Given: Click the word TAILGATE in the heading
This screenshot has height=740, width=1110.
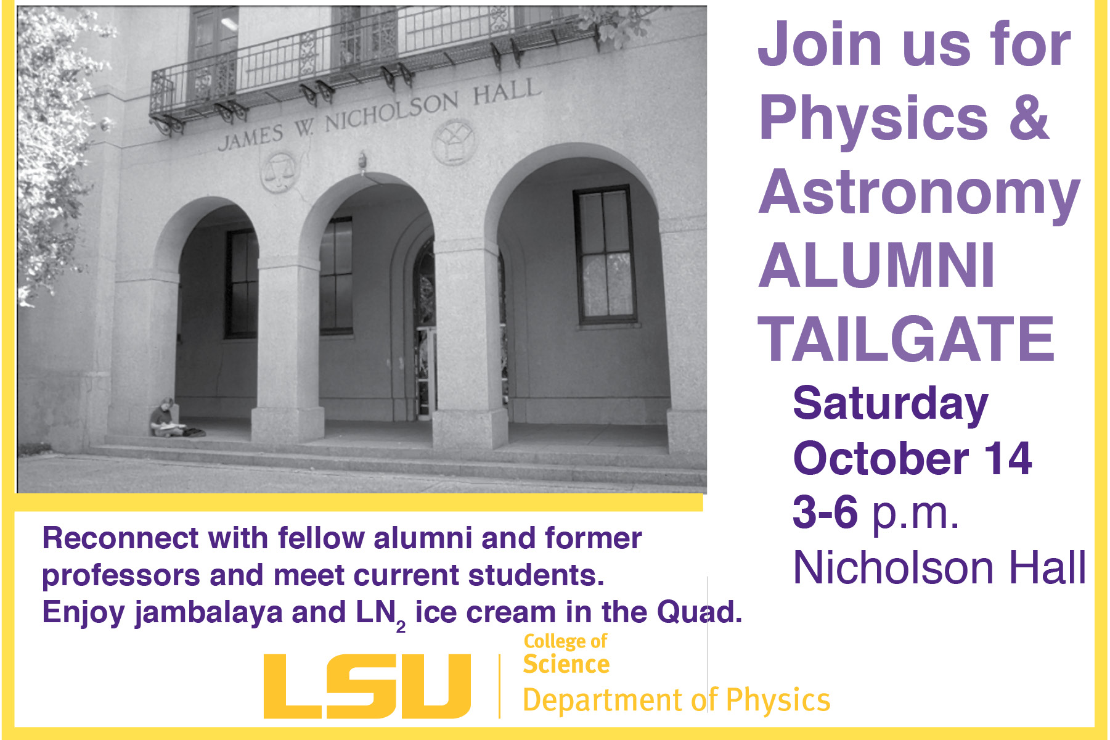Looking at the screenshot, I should click(x=906, y=339).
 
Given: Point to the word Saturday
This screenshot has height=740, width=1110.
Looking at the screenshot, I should click(x=890, y=405).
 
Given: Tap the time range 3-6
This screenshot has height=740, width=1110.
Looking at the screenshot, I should click(x=825, y=512).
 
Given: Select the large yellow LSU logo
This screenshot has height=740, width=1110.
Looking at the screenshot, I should click(x=367, y=686).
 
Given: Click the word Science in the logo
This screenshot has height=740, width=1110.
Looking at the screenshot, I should click(x=566, y=664).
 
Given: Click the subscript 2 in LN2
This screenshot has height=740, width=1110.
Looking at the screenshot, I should click(x=401, y=627).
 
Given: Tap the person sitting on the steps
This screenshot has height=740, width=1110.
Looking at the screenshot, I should click(x=165, y=419).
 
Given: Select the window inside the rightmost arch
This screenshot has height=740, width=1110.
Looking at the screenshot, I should click(x=605, y=255).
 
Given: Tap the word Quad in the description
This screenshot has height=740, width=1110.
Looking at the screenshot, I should click(x=696, y=612).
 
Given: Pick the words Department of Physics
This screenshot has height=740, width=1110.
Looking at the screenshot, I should click(x=676, y=701).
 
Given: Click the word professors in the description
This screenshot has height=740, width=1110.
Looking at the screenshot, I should click(x=121, y=576).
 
